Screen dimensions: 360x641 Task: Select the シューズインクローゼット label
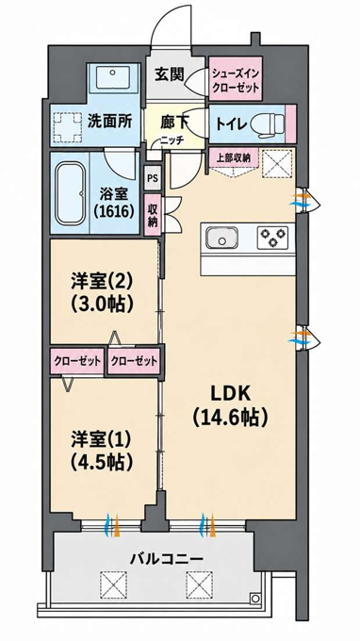[235, 80]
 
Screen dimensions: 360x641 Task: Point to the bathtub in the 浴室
[71, 193]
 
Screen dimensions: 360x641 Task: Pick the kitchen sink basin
[221, 238]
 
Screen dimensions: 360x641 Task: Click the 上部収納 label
[234, 157]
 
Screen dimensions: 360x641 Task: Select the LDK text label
[230, 394]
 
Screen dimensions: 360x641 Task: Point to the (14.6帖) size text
[230, 417]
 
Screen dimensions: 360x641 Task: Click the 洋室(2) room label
[103, 281]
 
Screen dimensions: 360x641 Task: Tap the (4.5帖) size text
[103, 462]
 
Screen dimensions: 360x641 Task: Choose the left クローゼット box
[77, 361]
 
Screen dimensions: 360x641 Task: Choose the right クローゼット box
[134, 361]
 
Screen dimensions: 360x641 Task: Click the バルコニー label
[166, 559]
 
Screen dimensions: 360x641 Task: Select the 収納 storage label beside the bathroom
[154, 215]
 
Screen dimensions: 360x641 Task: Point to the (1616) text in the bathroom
[114, 211]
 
